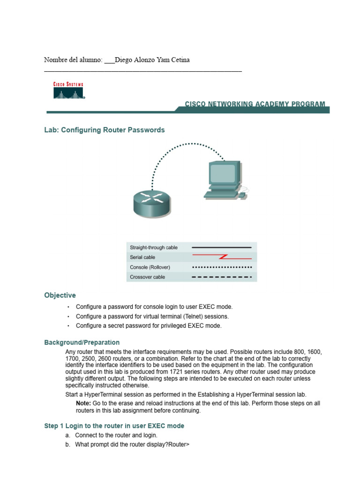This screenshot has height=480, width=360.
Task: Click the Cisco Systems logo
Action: pyautogui.click(x=68, y=90)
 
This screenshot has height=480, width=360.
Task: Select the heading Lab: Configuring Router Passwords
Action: pyautogui.click(x=104, y=130)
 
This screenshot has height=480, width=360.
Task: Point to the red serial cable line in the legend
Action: pyautogui.click(x=222, y=257)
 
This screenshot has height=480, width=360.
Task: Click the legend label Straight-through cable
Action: pyautogui.click(x=154, y=247)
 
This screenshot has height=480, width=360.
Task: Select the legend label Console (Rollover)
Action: pyautogui.click(x=150, y=267)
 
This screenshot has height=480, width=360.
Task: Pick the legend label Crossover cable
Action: pyautogui.click(x=147, y=277)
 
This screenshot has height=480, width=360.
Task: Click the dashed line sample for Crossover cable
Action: pyautogui.click(x=222, y=277)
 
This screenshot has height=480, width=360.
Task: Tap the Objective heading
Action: pyautogui.click(x=60, y=295)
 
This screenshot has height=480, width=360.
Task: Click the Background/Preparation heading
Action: pyautogui.click(x=82, y=343)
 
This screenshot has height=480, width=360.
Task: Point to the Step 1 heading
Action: pyautogui.click(x=114, y=426)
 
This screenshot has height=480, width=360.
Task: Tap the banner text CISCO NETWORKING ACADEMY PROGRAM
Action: pyautogui.click(x=255, y=104)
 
